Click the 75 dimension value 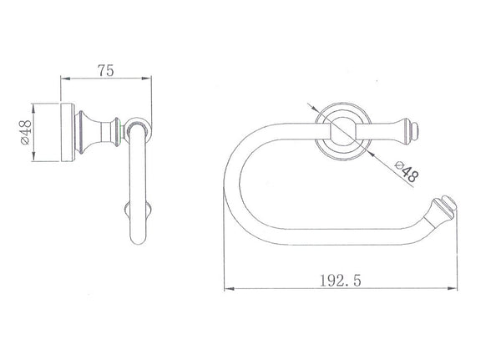pyautogui.click(x=105, y=70)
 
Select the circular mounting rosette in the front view pyautogui.click(x=340, y=132)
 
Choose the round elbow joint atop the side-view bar pyautogui.click(x=139, y=132)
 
